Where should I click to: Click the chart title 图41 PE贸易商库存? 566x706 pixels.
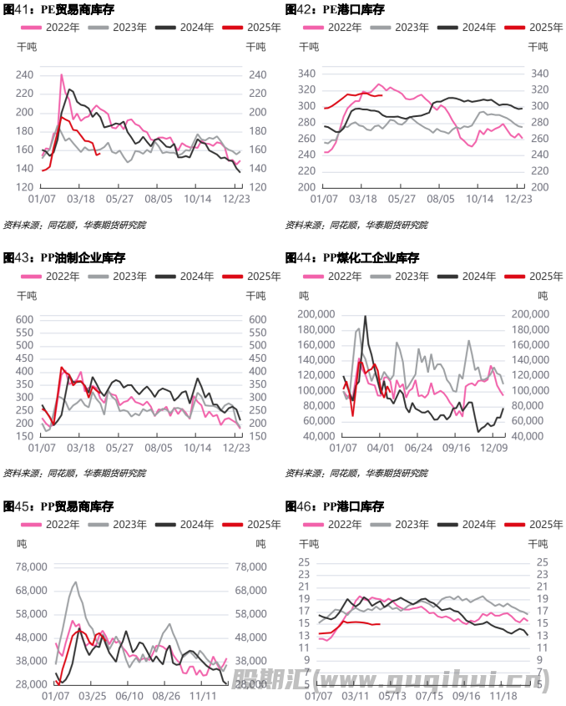click(58, 10)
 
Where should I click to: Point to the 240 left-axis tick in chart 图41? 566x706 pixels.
click(25, 75)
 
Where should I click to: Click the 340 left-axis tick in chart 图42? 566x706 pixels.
click(306, 74)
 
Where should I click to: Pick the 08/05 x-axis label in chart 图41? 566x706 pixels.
click(159, 199)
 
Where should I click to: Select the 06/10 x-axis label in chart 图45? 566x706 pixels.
click(129, 695)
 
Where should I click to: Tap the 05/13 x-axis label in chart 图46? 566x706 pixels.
click(392, 694)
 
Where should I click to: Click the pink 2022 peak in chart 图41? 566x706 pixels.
click(62, 74)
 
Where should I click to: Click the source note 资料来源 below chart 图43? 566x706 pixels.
click(75, 473)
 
